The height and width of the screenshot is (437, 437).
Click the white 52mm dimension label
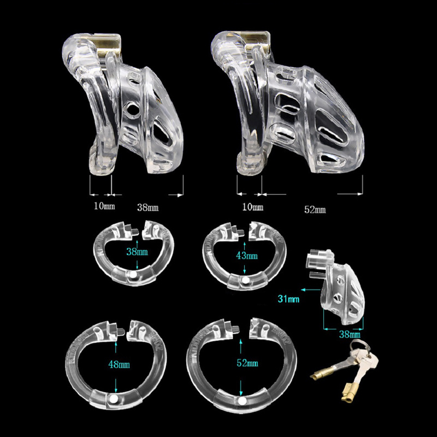click(x=315, y=210)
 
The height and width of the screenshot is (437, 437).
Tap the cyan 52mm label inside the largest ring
click(x=247, y=363)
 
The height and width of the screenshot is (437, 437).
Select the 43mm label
click(x=247, y=255)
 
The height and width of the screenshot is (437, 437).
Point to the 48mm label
click(x=119, y=364)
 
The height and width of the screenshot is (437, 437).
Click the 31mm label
click(x=288, y=299)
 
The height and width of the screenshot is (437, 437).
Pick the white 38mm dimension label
click(x=147, y=208)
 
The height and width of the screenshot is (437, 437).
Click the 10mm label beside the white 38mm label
click(x=104, y=206)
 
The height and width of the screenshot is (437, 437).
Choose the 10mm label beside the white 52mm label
click(x=252, y=207)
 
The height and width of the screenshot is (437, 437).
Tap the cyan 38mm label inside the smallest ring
click(x=137, y=252)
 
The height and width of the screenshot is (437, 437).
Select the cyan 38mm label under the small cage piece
click(x=350, y=334)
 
